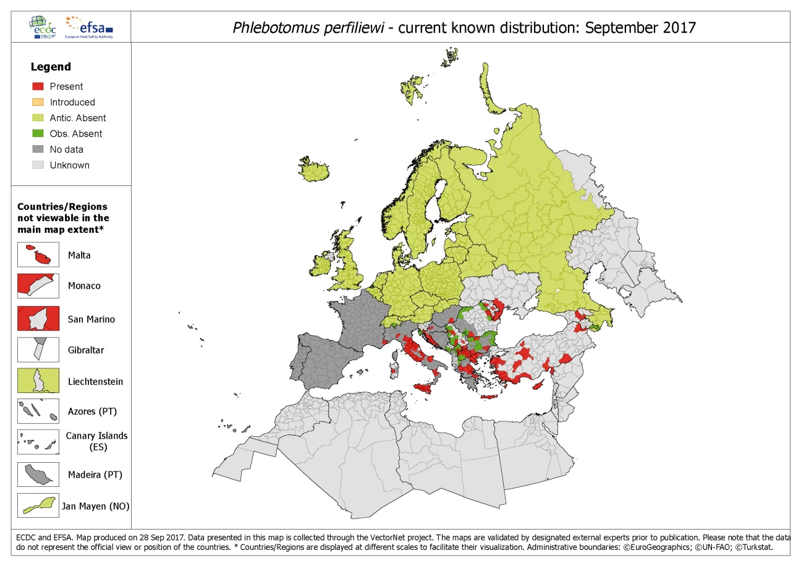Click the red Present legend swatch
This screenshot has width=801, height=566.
point(38,87)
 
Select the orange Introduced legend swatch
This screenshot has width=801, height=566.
point(38,102)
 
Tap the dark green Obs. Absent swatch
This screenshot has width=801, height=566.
point(38,133)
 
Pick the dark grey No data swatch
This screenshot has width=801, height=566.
point(38,150)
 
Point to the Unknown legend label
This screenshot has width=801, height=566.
point(69,165)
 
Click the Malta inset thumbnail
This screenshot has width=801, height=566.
point(38,255)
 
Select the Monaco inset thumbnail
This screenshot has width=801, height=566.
point(38,285)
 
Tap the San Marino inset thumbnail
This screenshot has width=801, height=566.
point(38,319)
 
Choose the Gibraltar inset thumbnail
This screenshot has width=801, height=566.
point(38,350)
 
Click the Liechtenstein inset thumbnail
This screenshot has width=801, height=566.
point(38,381)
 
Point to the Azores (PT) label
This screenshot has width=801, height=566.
point(92,411)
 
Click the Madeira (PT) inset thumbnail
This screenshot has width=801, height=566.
point(38,475)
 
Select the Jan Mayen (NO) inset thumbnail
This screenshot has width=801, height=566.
point(38,505)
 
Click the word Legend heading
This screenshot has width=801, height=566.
point(51,67)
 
